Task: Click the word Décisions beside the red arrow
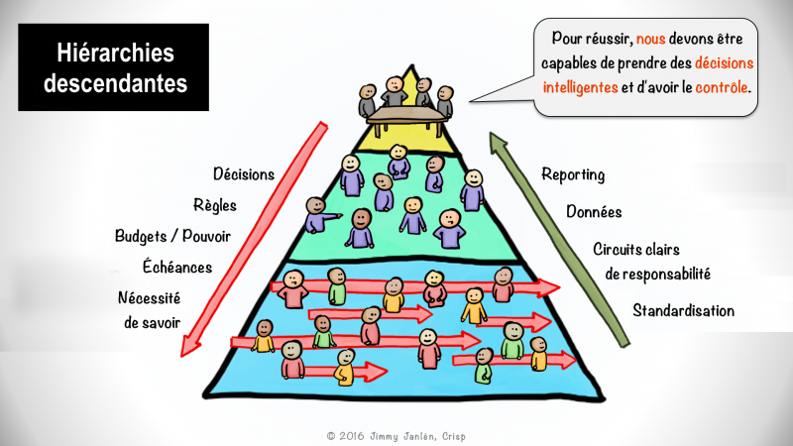click(x=244, y=174)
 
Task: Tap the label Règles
click(x=215, y=205)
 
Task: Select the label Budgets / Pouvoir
click(x=172, y=236)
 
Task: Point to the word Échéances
click(x=177, y=267)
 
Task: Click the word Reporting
click(x=573, y=175)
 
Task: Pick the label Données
click(x=594, y=211)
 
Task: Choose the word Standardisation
click(x=683, y=310)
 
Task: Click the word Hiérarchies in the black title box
click(x=115, y=53)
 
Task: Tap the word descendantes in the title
click(x=115, y=83)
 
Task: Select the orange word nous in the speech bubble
click(x=650, y=39)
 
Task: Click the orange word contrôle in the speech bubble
click(x=722, y=87)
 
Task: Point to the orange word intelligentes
click(x=580, y=87)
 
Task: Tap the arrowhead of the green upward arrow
click(x=498, y=142)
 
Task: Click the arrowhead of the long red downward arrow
click(x=189, y=346)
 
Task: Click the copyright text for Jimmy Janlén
click(x=396, y=436)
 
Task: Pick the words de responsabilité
click(x=657, y=274)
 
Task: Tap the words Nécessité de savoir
click(x=150, y=310)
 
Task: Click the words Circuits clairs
click(x=635, y=249)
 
